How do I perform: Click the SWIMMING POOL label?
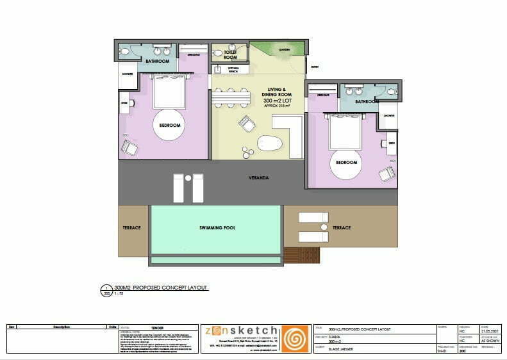(x=215, y=228)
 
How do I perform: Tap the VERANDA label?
(x=258, y=177)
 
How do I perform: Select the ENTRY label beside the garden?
(x=314, y=67)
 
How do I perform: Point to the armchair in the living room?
(x=247, y=123)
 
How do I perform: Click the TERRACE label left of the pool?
(x=131, y=228)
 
